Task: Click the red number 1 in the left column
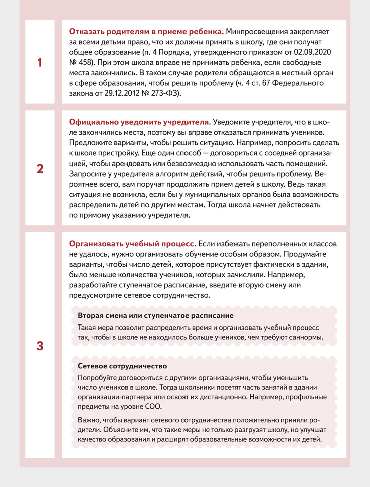click(40, 63)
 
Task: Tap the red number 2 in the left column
click(40, 169)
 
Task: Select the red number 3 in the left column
click(40, 346)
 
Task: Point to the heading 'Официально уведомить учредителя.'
click(140, 122)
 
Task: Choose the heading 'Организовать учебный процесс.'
click(132, 243)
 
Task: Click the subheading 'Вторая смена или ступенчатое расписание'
click(155, 316)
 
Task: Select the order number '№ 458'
click(80, 62)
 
